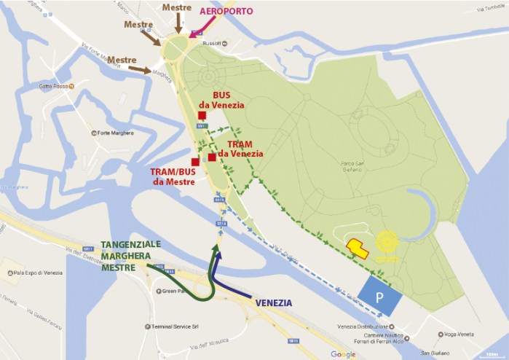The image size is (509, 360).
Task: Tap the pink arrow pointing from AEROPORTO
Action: [200, 28]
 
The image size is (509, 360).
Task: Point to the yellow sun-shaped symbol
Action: [387, 243]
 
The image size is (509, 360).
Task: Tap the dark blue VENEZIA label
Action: [275, 302]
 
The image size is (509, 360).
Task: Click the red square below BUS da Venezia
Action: [202, 116]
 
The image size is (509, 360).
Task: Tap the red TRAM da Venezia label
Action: [240, 149]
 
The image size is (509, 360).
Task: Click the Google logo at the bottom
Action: [343, 354]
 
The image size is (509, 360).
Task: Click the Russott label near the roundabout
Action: [210, 44]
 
